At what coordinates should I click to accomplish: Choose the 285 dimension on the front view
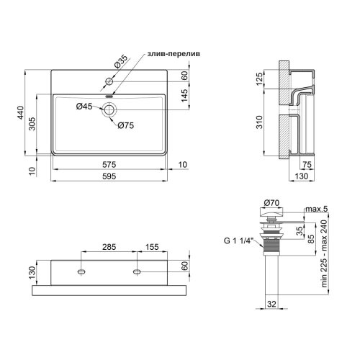click(109, 246)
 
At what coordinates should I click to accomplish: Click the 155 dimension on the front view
click(152, 246)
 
